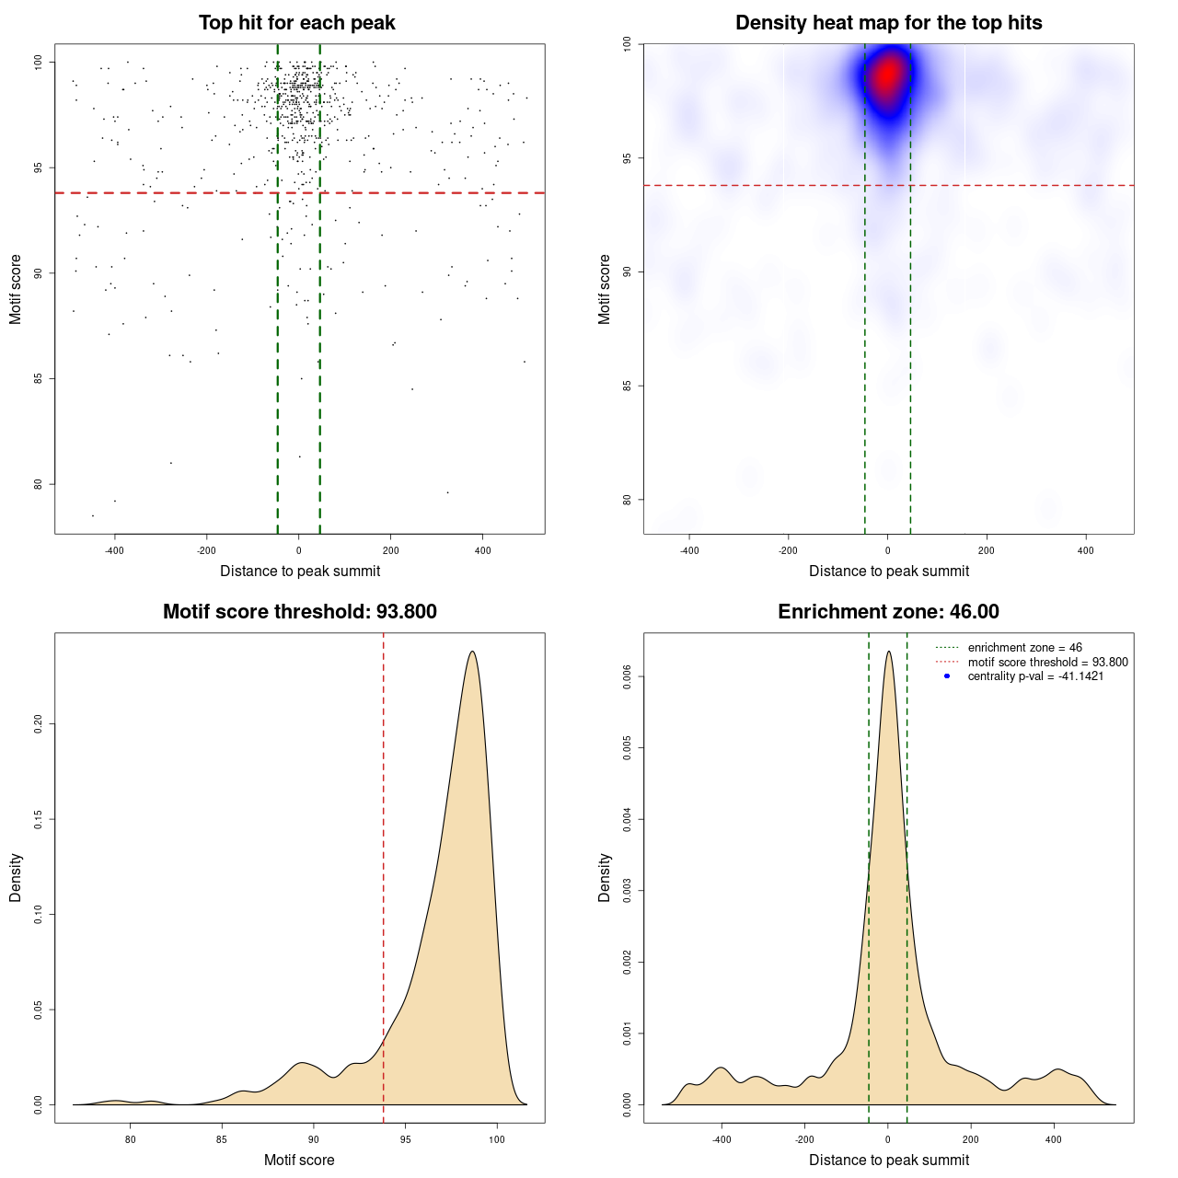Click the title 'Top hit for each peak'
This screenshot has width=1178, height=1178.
[297, 23]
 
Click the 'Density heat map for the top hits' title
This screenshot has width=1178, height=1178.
[888, 23]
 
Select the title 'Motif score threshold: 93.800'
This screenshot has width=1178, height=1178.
[299, 612]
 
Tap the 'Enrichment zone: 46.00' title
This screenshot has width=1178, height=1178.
[888, 612]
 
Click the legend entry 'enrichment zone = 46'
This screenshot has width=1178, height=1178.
[1024, 648]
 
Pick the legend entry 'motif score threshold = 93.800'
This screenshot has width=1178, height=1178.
[1047, 662]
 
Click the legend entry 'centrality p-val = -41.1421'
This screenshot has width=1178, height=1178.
[1035, 676]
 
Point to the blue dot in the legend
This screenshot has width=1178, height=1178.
[947, 676]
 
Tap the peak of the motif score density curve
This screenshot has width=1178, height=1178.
[472, 652]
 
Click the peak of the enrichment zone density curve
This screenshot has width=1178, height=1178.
[888, 652]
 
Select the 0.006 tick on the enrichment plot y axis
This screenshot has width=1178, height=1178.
[628, 677]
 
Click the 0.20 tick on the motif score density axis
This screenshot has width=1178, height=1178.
[39, 724]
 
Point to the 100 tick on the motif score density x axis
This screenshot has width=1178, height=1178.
[497, 1139]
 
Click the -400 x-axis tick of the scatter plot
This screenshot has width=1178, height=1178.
[114, 550]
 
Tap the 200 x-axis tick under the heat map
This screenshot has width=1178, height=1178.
[987, 550]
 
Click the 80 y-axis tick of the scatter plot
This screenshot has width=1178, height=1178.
[39, 484]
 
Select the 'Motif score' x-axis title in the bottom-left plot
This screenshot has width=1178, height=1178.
[299, 1160]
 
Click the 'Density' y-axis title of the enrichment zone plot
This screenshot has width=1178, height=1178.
[605, 877]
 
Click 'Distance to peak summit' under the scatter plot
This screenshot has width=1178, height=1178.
[300, 571]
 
